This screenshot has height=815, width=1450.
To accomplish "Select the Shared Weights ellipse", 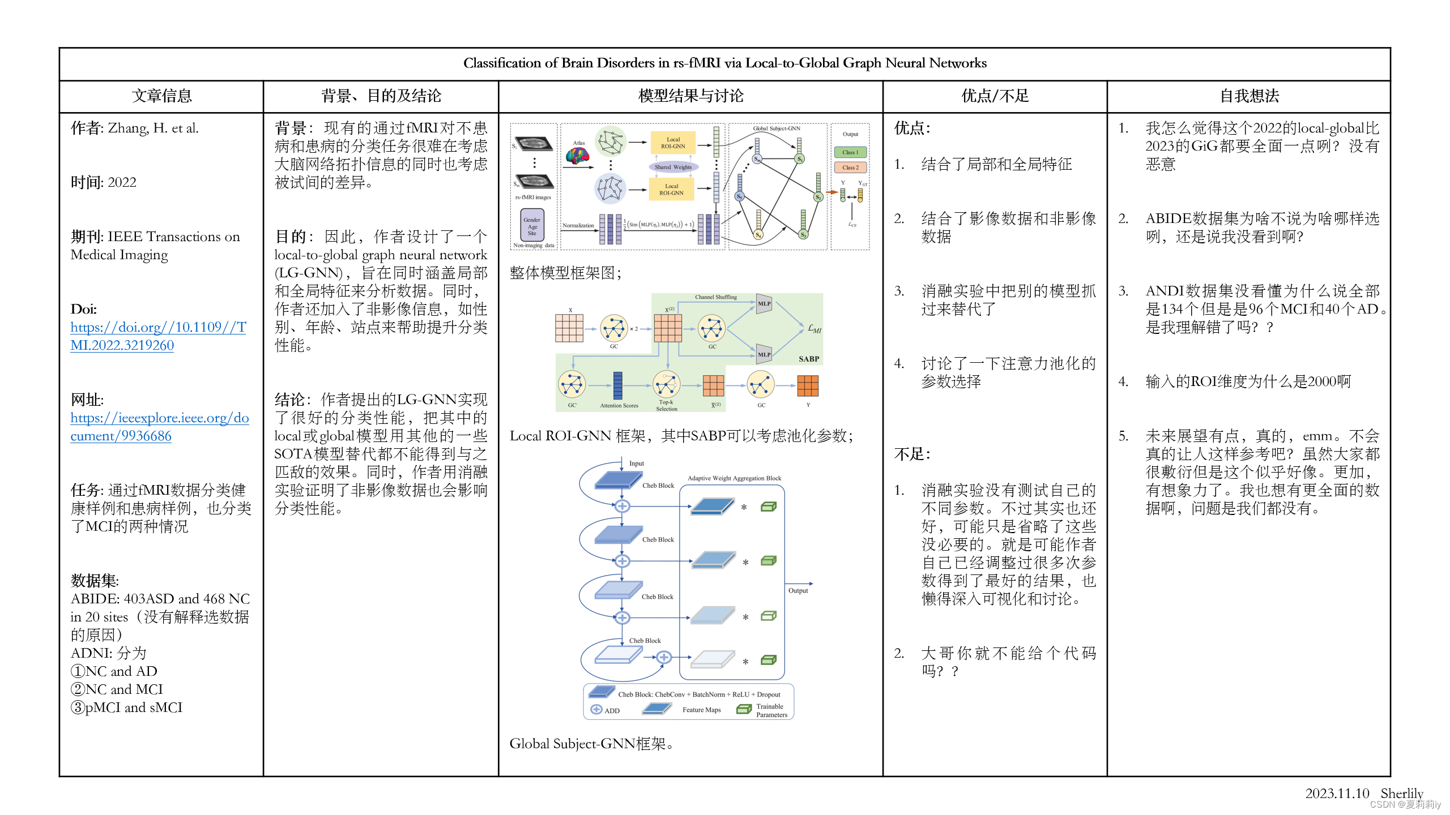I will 673,167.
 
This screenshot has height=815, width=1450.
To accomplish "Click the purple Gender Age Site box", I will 532,226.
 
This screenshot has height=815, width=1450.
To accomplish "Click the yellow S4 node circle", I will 758,234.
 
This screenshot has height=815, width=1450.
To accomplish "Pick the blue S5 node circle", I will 740,196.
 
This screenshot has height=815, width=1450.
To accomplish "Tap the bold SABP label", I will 808,359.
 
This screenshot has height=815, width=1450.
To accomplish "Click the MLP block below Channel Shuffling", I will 764,304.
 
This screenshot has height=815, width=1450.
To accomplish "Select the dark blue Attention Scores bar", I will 618,385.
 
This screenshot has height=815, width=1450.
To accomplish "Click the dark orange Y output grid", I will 808,385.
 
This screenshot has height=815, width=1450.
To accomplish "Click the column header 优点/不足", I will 995,96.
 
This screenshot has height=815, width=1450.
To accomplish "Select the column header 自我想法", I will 1249,96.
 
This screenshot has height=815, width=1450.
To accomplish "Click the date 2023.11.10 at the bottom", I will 1337,793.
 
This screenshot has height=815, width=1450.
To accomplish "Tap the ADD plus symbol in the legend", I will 596,710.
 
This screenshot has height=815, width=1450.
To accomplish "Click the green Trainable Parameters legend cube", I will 743,710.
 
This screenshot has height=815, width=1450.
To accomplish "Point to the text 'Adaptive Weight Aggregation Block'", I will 734,478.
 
